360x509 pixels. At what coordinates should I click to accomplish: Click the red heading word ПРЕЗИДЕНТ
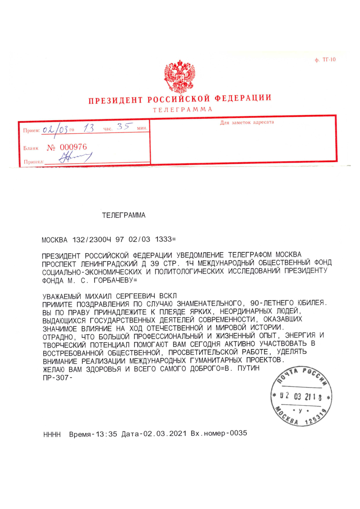click(115, 100)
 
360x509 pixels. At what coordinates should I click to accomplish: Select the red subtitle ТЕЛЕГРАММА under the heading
click(182, 109)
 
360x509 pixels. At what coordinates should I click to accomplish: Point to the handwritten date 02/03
click(53, 129)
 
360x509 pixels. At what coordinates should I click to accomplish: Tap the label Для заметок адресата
click(247, 122)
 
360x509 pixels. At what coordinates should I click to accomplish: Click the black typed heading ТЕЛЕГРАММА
click(123, 215)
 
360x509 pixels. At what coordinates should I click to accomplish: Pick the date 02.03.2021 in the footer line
click(164, 434)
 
